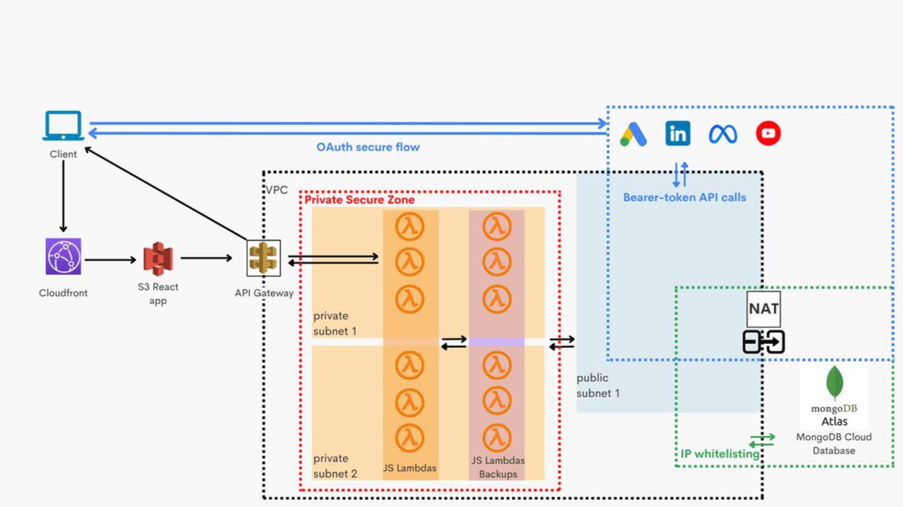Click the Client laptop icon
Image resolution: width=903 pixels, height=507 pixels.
pyautogui.click(x=63, y=126)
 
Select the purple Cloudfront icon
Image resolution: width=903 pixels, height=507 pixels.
pyautogui.click(x=63, y=256)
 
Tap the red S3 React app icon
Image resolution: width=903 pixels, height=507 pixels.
pyautogui.click(x=158, y=258)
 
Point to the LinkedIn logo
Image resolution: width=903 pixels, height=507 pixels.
pyautogui.click(x=678, y=134)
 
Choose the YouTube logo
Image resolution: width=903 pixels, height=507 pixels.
pyautogui.click(x=769, y=134)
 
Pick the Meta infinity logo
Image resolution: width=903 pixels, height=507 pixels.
pyautogui.click(x=723, y=134)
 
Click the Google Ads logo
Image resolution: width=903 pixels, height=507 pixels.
pyautogui.click(x=633, y=134)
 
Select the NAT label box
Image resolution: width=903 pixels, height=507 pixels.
pyautogui.click(x=764, y=310)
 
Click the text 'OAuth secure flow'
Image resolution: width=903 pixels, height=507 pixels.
pyautogui.click(x=368, y=147)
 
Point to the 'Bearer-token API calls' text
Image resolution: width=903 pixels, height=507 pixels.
pyautogui.click(x=684, y=197)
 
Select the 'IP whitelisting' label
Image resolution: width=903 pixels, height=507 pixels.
pyautogui.click(x=720, y=454)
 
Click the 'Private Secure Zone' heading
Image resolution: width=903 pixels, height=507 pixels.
pyautogui.click(x=359, y=200)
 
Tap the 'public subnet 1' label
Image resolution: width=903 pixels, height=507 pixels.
pyautogui.click(x=597, y=386)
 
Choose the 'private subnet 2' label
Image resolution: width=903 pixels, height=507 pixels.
pyautogui.click(x=335, y=466)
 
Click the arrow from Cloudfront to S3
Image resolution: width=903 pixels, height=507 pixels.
pyautogui.click(x=110, y=259)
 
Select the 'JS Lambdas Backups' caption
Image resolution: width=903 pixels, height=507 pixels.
pyautogui.click(x=498, y=468)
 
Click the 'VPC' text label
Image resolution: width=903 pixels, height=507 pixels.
pyautogui.click(x=277, y=190)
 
